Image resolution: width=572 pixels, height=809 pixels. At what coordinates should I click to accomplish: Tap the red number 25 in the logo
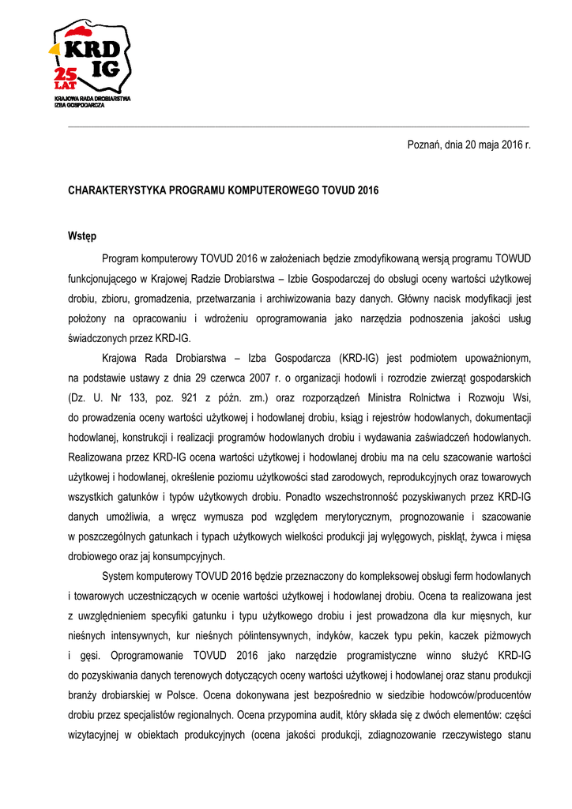pos(65,75)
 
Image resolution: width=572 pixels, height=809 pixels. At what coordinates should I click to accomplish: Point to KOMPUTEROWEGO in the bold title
pos(270,190)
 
